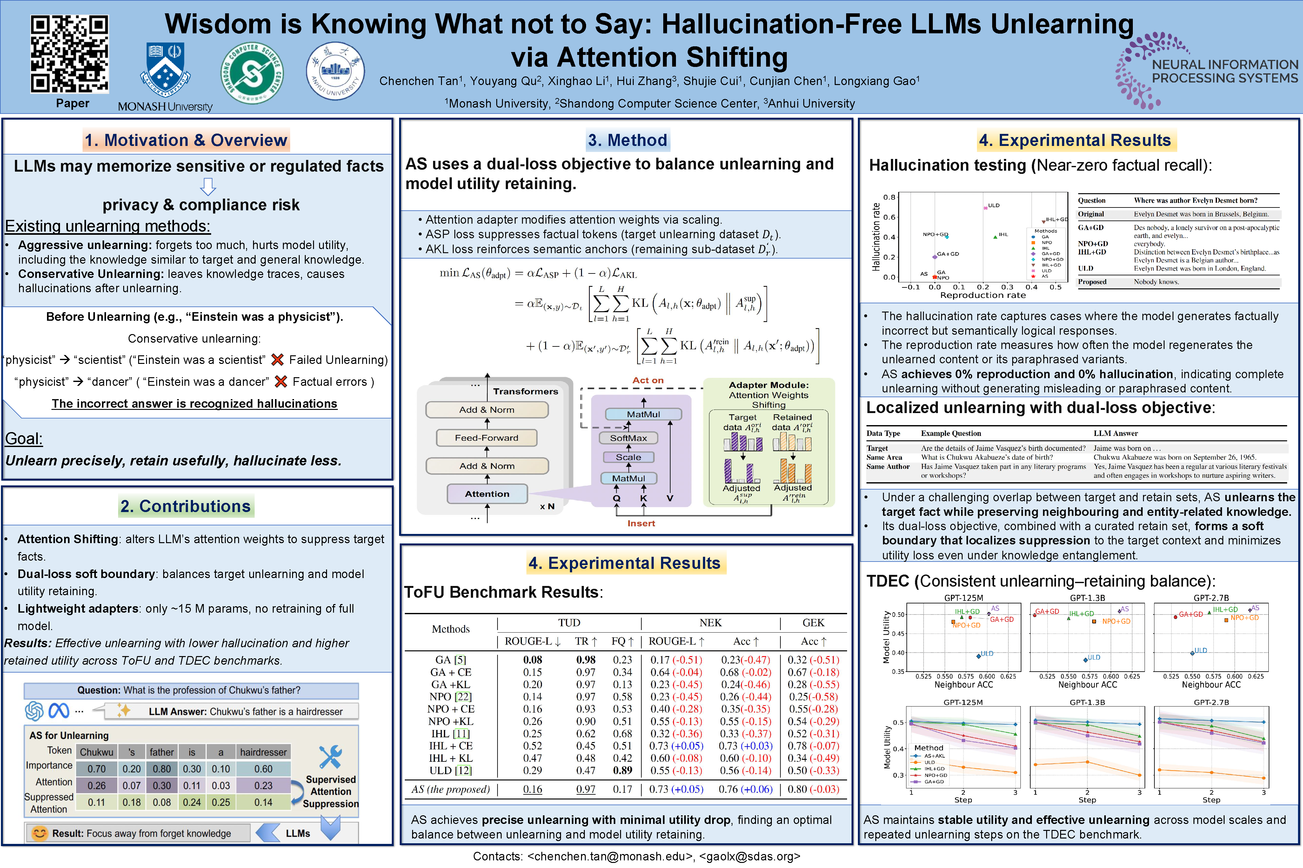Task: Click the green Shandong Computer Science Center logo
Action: coord(252,73)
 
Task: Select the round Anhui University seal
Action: coord(335,71)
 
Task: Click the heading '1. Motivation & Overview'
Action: coord(186,140)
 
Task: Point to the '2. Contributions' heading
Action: coord(186,506)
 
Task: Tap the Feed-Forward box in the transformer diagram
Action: coord(486,438)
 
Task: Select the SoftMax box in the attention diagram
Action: coord(628,438)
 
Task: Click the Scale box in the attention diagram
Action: coord(628,457)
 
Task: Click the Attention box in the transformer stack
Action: coord(487,494)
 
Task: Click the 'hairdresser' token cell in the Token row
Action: coord(263,752)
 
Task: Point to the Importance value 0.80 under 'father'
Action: coord(162,769)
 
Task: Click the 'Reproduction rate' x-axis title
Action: coord(983,295)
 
